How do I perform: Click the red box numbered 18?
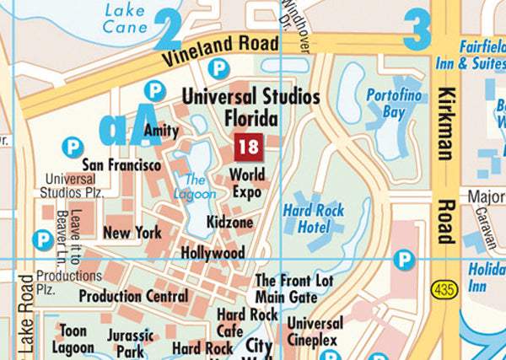click(249, 147)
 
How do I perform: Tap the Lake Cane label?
click(125, 19)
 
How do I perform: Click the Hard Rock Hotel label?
click(314, 218)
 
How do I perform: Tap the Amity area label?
click(161, 131)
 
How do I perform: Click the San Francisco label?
click(121, 164)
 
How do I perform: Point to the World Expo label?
click(247, 184)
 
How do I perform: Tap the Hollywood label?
click(213, 252)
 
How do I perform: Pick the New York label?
click(132, 232)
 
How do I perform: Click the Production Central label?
click(133, 296)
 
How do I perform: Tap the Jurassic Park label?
click(131, 341)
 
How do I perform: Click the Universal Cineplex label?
click(315, 331)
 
